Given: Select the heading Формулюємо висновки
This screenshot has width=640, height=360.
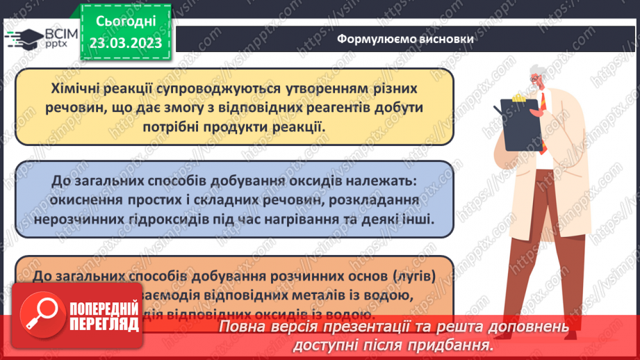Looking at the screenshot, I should [x=406, y=39].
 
